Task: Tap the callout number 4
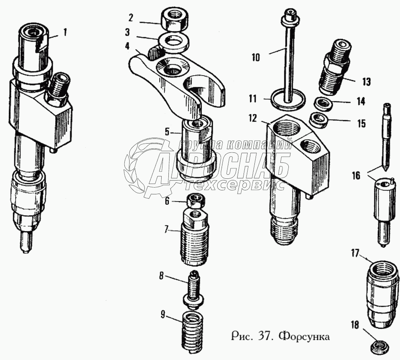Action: tap(127, 46)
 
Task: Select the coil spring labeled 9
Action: tap(192, 332)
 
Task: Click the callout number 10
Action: tap(256, 58)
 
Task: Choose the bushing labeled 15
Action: tap(320, 120)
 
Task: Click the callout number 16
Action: tap(356, 175)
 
